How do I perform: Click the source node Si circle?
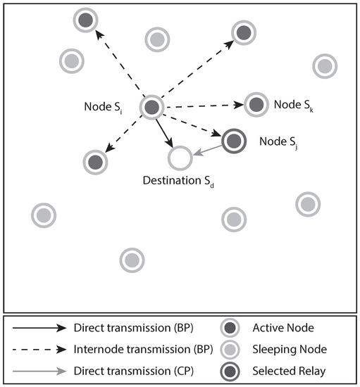coord(153,108)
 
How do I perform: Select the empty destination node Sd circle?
coord(180,158)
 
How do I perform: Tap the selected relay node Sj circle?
coord(234,141)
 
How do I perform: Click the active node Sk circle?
coord(256,104)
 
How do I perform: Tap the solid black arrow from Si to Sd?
coord(166,133)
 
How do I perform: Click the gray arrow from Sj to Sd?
coord(207,150)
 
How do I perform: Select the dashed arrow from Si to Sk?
coord(204,106)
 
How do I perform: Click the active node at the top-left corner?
coord(85,20)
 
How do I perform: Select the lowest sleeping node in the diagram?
coord(131,260)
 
